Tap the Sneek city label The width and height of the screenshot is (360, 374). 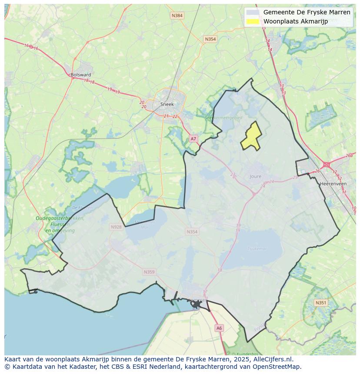coord(167,104)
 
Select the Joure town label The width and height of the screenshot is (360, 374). coord(256,176)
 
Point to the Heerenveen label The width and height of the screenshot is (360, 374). coord(333,184)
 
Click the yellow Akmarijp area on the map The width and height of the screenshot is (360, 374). coord(251,136)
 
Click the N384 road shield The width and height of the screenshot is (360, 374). coord(177,16)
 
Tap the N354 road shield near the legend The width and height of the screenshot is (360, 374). coord(210,39)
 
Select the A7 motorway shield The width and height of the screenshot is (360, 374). coord(193,139)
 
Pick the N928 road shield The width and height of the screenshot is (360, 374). coord(116,227)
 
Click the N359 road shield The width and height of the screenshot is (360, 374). coord(149,272)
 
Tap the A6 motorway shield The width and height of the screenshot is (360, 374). coord(219,328)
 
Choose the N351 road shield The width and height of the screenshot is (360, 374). coord(320,302)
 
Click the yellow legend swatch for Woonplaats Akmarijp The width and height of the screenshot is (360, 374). coord(252,21)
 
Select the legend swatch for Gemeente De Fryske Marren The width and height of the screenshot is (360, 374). coord(252,12)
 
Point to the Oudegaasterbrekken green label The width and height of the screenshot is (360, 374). coord(60,218)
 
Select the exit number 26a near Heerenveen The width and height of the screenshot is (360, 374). coord(349,156)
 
